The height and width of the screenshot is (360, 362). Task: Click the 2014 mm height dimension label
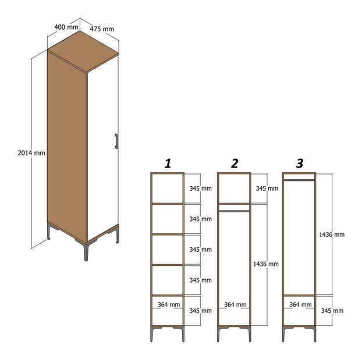[31, 153]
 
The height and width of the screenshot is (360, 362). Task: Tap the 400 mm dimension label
[66, 27]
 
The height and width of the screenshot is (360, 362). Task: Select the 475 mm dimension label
[102, 29]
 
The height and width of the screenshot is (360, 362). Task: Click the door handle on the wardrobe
[116, 141]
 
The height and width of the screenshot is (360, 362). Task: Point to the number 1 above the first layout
[168, 163]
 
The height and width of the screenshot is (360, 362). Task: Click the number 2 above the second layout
[235, 163]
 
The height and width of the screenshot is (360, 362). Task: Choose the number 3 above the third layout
[299, 163]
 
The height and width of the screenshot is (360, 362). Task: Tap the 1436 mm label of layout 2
[266, 264]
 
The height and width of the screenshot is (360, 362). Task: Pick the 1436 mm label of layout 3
[332, 234]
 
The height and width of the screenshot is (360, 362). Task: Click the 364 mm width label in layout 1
[169, 305]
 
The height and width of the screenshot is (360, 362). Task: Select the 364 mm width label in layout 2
[235, 305]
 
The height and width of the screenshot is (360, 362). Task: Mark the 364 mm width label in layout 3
[300, 305]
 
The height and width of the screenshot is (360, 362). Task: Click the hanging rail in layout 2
[234, 211]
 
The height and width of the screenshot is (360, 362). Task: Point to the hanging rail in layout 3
[299, 180]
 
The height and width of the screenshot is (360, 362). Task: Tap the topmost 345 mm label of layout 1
[200, 188]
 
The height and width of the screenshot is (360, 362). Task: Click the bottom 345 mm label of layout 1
[200, 311]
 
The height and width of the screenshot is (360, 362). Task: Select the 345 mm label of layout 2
[267, 188]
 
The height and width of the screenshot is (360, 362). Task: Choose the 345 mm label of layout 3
[332, 311]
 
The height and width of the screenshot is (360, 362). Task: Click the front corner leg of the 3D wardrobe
[86, 252]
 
